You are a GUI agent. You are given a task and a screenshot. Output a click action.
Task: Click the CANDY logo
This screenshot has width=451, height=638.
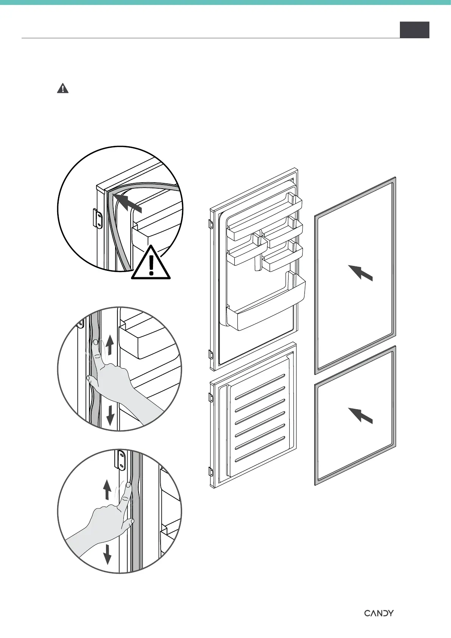coord(379,613)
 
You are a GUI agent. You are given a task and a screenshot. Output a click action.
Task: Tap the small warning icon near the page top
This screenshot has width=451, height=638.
coord(63,89)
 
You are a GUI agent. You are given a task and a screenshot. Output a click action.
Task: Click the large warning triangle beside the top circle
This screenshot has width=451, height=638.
coord(151,263)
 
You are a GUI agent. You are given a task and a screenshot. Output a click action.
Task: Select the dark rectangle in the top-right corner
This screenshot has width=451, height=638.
coord(414,30)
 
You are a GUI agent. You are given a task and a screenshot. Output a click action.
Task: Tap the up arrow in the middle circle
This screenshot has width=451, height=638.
coord(110,344)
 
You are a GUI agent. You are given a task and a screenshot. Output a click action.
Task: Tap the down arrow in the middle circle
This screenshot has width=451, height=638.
coord(110,414)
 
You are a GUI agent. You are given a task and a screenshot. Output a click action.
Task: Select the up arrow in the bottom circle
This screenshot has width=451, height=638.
coord(108,489)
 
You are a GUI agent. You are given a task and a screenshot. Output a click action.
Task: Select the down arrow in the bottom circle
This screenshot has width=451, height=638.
coord(108,554)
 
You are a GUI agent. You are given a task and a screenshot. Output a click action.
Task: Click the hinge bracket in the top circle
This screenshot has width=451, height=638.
coord(98,219)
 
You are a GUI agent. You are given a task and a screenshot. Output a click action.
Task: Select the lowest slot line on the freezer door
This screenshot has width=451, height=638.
coord(260,449)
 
